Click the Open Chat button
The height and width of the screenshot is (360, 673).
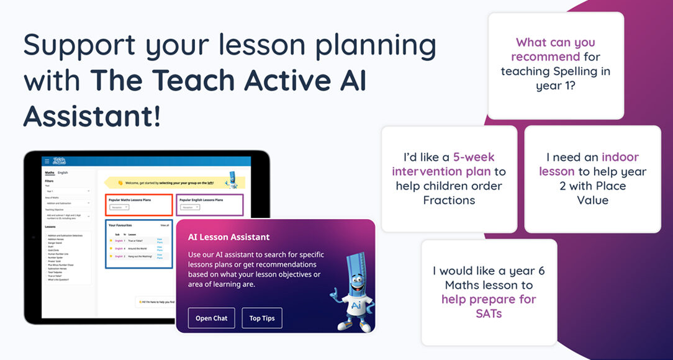pyautogui.click(x=211, y=318)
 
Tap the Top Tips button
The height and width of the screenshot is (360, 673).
pyautogui.click(x=261, y=318)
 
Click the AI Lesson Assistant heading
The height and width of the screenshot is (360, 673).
pyautogui.click(x=229, y=237)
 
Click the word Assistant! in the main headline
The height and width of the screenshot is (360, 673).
pyautogui.click(x=93, y=115)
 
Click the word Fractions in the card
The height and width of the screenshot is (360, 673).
pyautogui.click(x=449, y=200)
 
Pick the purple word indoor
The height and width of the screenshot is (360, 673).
pyautogui.click(x=620, y=157)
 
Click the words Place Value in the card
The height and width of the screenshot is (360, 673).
pyautogui.click(x=592, y=193)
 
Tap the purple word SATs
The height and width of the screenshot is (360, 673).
pyautogui.click(x=488, y=313)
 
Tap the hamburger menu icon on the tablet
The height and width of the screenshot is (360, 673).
pyautogui.click(x=47, y=161)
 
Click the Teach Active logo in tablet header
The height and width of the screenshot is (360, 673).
pyautogui.click(x=60, y=161)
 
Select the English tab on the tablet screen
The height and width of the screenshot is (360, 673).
pyautogui.click(x=63, y=173)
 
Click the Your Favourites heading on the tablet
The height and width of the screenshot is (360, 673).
pyautogui.click(x=120, y=225)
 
